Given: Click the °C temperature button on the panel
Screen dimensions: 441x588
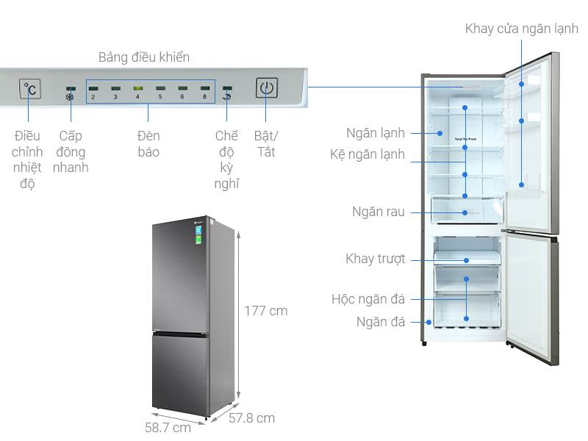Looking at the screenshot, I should click(30, 89).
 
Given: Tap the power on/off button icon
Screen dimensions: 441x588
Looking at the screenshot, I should click(267, 88).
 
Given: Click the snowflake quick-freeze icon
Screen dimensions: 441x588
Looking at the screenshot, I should click(71, 97).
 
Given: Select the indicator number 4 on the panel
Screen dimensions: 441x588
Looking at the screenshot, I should click(137, 93).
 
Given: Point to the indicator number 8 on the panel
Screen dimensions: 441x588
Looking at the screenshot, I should click(204, 93).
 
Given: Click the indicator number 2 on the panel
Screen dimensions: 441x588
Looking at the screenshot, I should click(93, 93).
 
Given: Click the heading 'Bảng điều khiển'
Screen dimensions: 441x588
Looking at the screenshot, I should click(144, 57).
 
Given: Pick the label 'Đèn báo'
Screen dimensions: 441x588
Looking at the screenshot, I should click(148, 144).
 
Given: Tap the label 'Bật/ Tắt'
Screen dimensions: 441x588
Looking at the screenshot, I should click(265, 144).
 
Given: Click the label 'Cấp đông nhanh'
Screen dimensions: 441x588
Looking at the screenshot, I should click(71, 151).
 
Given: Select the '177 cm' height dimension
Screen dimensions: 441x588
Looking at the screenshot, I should click(265, 311).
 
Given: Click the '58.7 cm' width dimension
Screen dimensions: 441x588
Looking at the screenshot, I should click(168, 427).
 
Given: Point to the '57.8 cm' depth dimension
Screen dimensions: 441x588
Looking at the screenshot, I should click(251, 418).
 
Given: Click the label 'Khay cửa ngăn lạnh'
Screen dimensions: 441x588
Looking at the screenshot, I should click(521, 29).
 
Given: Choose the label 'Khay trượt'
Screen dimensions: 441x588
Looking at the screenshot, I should click(375, 259).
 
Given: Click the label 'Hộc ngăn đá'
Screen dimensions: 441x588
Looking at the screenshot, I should click(367, 299).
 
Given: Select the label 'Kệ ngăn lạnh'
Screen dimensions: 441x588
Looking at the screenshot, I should click(367, 154).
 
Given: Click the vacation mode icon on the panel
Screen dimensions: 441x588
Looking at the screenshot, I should click(227, 97).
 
